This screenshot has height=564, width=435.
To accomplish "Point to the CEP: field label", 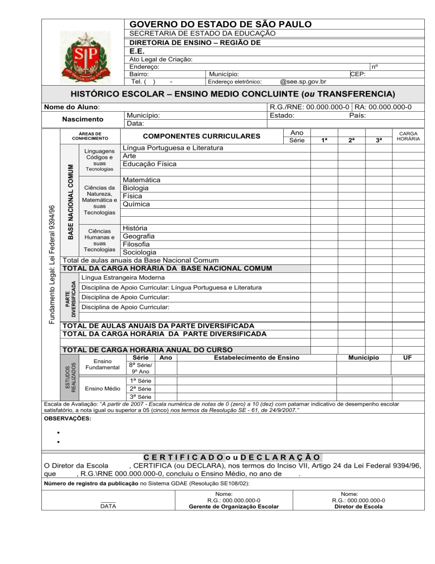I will tap(357, 74).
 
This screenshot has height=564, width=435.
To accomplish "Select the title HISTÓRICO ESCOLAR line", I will tap(232, 94).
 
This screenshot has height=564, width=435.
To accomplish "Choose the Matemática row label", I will tap(142, 180).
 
